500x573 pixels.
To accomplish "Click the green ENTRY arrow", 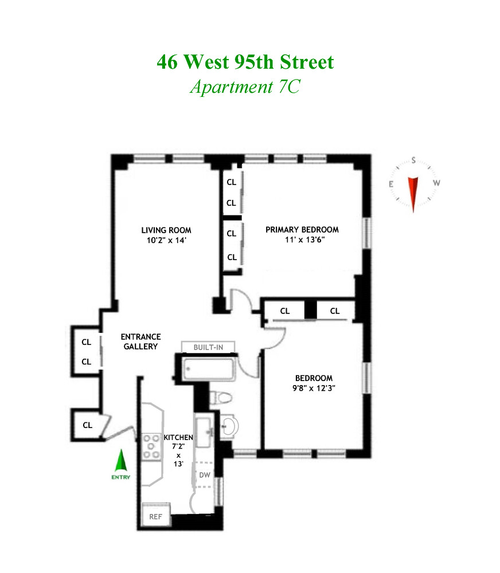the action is click(121, 461).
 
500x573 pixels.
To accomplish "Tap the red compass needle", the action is click(413, 194).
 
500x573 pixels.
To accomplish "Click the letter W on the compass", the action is click(436, 183).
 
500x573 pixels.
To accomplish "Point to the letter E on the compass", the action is click(391, 184).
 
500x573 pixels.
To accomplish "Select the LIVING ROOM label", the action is click(166, 230).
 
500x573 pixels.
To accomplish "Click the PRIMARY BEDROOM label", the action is click(302, 230).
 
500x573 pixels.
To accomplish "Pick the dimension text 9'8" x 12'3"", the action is click(314, 388).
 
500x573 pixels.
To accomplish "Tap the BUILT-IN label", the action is click(208, 347).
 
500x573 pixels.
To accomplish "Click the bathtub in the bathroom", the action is click(209, 370).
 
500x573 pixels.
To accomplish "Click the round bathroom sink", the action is click(229, 426).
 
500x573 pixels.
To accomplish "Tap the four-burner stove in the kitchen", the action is click(151, 446).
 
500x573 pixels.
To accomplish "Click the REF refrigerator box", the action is click(156, 515).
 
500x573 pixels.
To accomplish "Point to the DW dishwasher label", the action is click(205, 474).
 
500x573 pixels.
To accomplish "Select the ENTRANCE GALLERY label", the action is click(141, 342).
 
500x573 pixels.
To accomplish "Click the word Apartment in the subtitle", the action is click(232, 87).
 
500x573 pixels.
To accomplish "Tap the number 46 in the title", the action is click(167, 62).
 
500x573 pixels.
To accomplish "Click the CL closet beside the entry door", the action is click(87, 425).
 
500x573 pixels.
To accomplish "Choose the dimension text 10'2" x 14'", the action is click(166, 240).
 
